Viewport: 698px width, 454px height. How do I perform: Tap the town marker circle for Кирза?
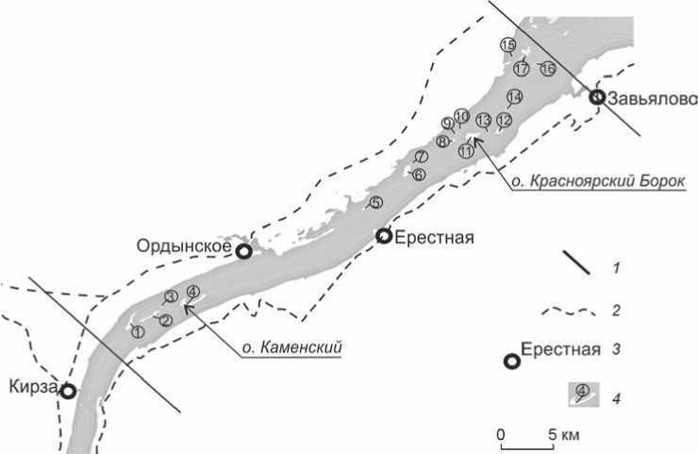(68, 389)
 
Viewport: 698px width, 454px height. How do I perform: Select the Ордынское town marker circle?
(243, 251)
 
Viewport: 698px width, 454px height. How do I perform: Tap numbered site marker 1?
(138, 331)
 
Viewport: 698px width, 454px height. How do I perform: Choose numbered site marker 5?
(375, 203)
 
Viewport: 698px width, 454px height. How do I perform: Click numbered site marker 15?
(507, 45)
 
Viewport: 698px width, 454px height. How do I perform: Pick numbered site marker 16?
(548, 68)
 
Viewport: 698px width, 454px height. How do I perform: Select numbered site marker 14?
(514, 97)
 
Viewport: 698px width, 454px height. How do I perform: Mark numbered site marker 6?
(420, 175)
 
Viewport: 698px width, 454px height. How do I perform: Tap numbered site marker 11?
(465, 151)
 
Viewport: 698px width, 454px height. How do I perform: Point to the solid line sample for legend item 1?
(577, 263)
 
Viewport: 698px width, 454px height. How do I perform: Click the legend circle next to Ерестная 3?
(512, 362)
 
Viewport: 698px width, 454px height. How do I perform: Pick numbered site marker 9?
(448, 124)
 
